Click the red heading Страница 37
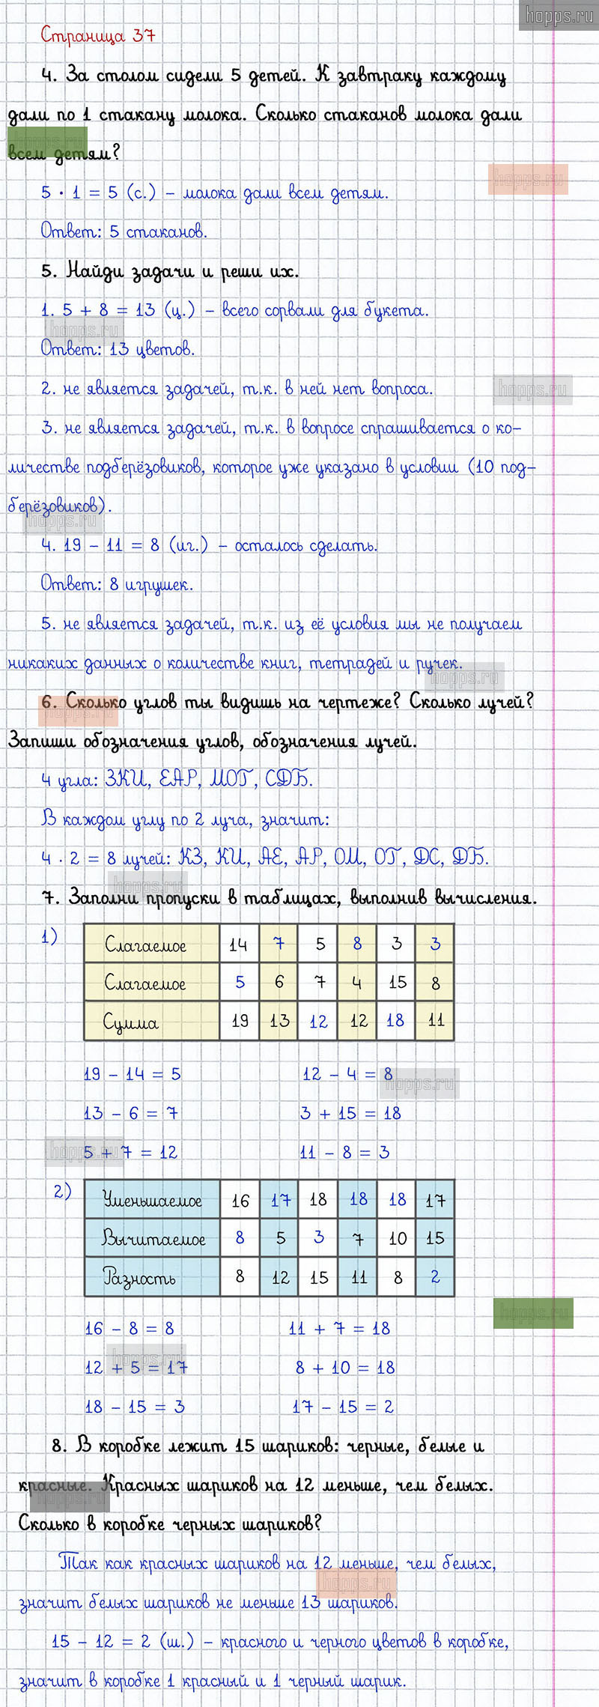97,35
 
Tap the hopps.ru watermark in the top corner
559,15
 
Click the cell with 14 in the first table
239,945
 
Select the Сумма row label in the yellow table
132,1022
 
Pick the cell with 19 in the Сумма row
240,1021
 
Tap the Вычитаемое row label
153,1239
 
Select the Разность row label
139,1278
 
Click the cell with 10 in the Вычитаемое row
398,1239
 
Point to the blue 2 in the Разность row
435,1277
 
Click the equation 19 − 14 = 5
132,1074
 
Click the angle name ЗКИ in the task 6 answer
127,780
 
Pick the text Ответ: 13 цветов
118,349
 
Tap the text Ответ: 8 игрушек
117,584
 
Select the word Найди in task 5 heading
95,271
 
